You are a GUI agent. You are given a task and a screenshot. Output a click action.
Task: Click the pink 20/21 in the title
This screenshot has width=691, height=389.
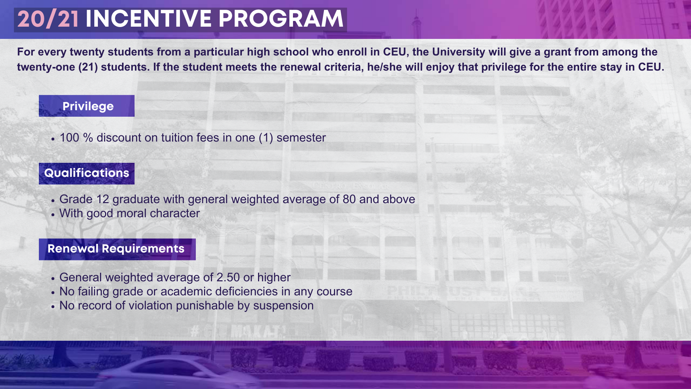point(48,19)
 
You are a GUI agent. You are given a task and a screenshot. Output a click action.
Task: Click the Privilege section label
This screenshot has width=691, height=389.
point(88,106)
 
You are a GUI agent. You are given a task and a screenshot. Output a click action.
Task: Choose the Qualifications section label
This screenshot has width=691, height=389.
point(86,173)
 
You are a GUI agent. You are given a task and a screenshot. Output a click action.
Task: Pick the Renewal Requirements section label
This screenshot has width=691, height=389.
point(116,249)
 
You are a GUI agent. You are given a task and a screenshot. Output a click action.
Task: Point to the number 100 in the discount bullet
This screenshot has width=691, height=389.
point(69,138)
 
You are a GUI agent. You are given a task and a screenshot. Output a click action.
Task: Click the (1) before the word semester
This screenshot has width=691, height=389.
point(266,138)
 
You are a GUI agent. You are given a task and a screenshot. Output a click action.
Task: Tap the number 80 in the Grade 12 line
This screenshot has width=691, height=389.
point(349,199)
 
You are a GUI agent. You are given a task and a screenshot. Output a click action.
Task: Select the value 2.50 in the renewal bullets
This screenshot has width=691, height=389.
point(228,277)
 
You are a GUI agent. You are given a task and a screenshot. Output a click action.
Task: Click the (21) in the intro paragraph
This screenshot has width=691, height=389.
point(88,67)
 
